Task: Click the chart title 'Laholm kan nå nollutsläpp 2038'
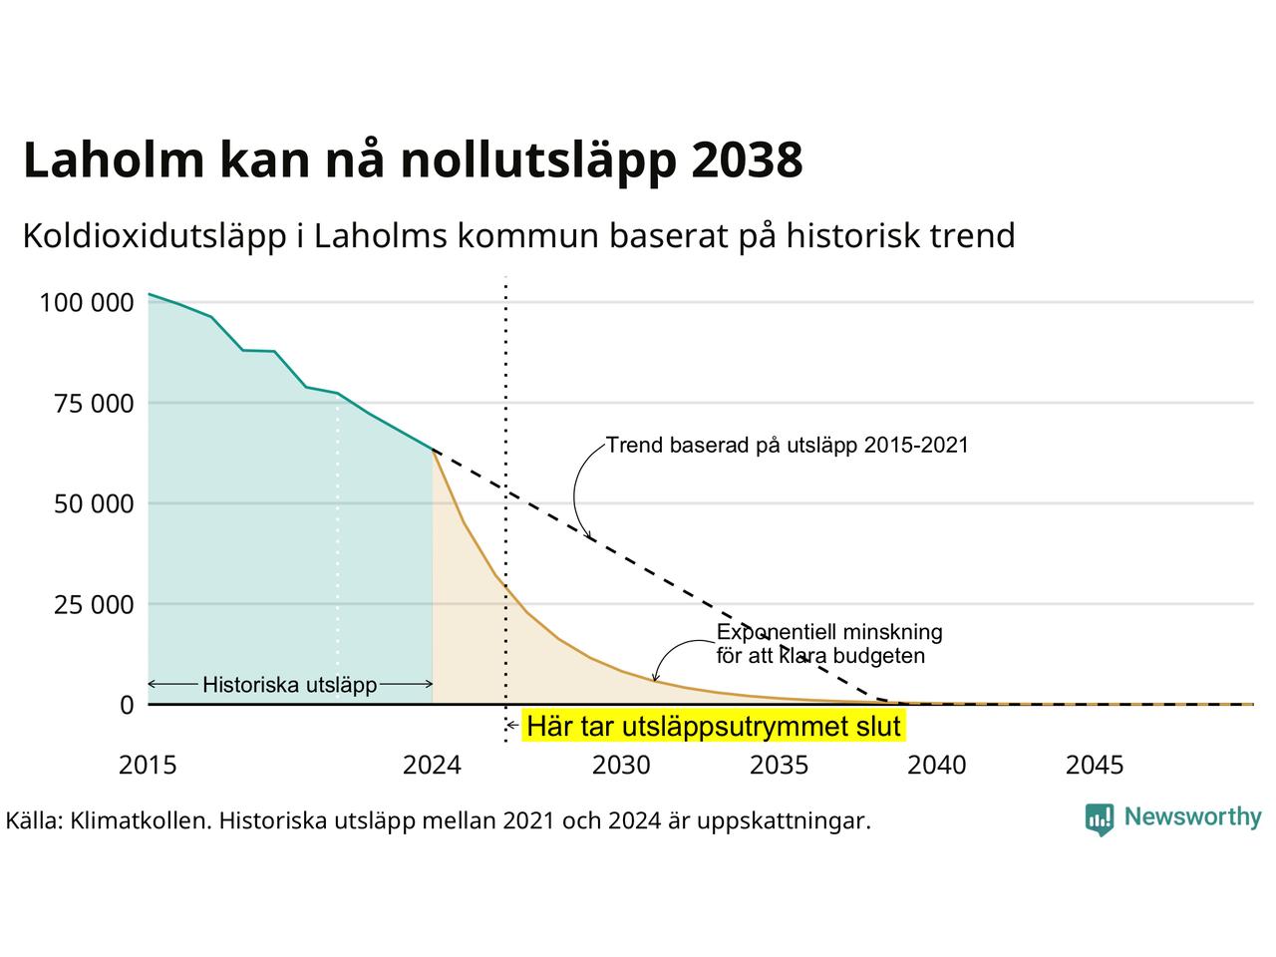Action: coord(413,160)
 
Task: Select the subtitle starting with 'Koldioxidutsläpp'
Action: coord(518,237)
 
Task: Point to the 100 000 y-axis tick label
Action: coord(87,303)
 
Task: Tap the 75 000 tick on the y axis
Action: coord(94,404)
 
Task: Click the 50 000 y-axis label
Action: coord(94,504)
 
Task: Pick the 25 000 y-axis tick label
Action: coord(94,605)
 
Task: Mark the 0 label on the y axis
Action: coord(127,706)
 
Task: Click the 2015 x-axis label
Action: coord(148,766)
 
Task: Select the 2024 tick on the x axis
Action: coord(432,766)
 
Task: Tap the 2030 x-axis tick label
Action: coord(621,766)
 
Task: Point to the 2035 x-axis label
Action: coord(779,766)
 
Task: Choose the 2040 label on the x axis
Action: coord(936,766)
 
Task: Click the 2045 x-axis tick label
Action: coord(1095,766)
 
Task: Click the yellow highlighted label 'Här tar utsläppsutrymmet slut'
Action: coord(714,727)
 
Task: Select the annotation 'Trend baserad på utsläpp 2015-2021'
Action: coord(788,446)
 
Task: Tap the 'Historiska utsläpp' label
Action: coord(289,685)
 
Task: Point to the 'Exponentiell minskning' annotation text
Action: coord(829,632)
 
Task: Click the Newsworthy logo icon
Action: coord(1100,819)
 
